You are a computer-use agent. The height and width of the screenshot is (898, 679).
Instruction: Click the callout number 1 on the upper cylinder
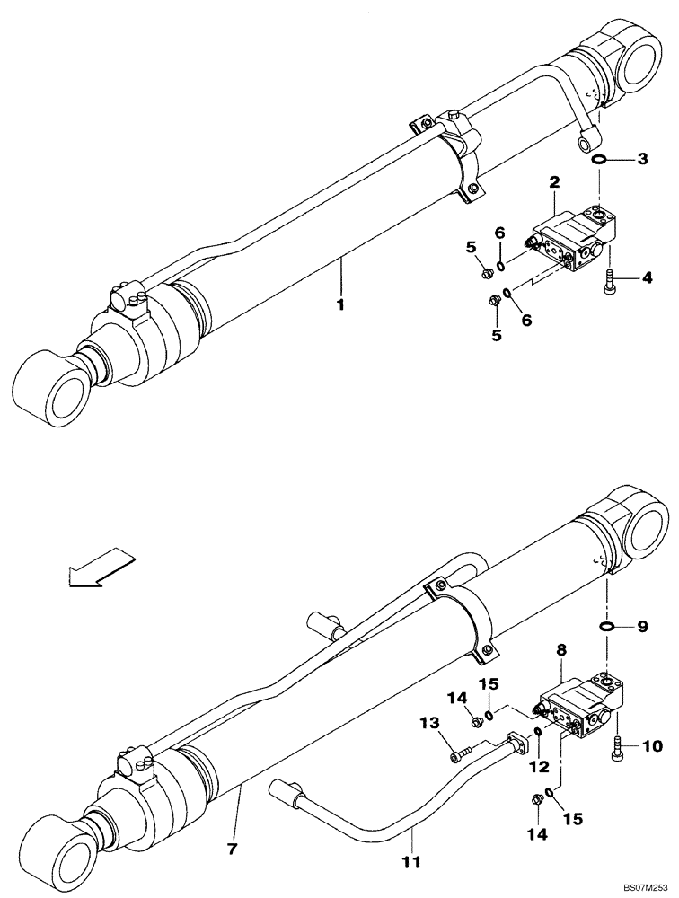pyautogui.click(x=341, y=305)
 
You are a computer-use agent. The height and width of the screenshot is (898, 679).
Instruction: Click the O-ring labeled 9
pyautogui.click(x=606, y=626)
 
